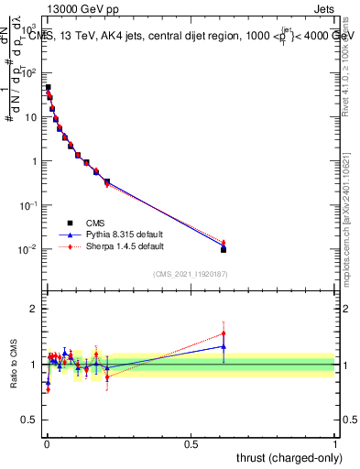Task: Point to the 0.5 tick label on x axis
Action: click(x=191, y=444)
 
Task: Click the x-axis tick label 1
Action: click(x=335, y=444)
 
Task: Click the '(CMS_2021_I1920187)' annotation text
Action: click(x=190, y=275)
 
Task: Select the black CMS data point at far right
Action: click(x=224, y=249)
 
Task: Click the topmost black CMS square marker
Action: click(x=48, y=88)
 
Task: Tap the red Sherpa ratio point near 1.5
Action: click(x=224, y=333)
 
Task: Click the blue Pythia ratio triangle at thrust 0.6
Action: click(x=224, y=346)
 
